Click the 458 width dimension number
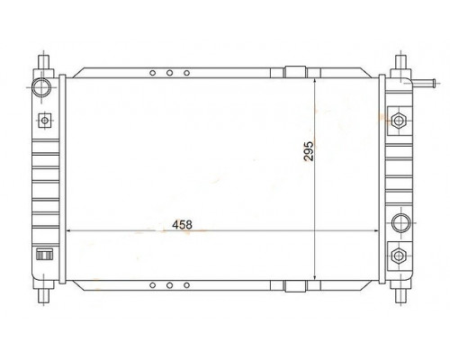point(182,225)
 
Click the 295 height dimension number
point(309,151)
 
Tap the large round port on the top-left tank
point(41,87)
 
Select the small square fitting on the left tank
point(45,121)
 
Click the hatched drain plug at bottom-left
point(44,255)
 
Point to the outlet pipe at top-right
point(424,83)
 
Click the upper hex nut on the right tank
point(399,121)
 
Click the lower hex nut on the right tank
point(399,256)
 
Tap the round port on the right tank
point(401,223)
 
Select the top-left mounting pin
point(43,62)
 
